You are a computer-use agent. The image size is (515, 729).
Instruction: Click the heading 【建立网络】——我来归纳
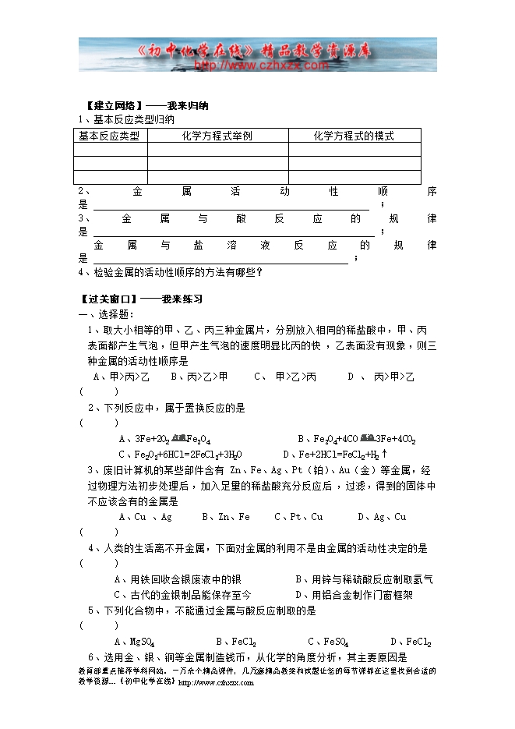[x=146, y=105]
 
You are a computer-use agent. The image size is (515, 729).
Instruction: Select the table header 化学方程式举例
[x=217, y=136]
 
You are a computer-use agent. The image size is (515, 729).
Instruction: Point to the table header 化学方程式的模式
[x=354, y=136]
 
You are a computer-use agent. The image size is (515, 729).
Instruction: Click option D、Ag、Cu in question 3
[x=382, y=516]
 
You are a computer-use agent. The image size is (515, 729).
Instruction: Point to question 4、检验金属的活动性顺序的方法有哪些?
[x=171, y=272]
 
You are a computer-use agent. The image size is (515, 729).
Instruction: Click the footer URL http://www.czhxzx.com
[x=216, y=682]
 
